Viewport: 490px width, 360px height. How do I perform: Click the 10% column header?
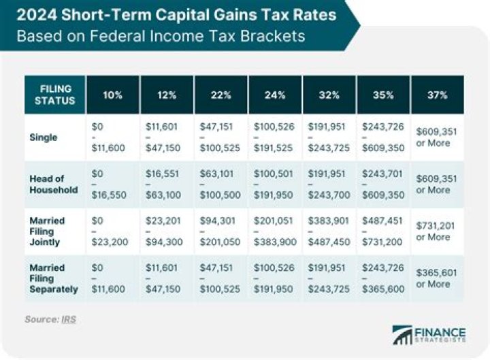click(x=113, y=95)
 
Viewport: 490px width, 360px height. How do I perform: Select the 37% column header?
click(x=438, y=95)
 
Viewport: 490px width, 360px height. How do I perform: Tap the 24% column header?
click(x=275, y=95)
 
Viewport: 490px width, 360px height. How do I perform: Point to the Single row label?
click(x=44, y=137)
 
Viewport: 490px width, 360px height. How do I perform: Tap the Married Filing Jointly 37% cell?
click(x=437, y=231)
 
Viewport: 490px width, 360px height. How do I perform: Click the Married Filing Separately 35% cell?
click(x=383, y=278)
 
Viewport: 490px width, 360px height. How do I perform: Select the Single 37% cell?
click(x=437, y=137)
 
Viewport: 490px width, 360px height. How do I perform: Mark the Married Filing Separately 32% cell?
click(x=328, y=278)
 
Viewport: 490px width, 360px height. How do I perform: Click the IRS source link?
click(x=68, y=318)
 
